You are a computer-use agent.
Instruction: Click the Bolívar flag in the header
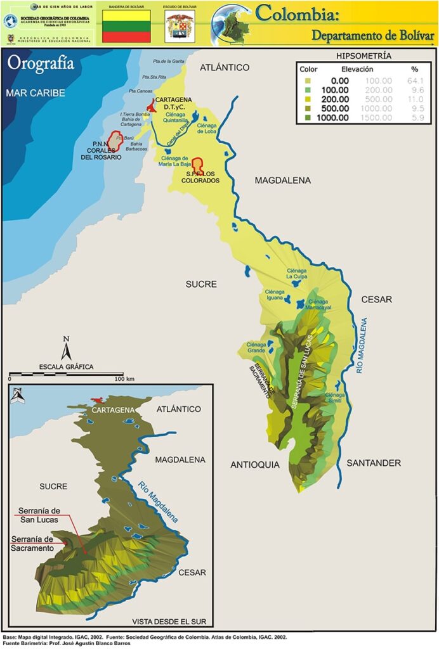pyautogui.click(x=126, y=26)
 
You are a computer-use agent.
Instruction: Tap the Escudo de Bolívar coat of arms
pyautogui.click(x=180, y=27)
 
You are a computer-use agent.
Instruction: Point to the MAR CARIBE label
pyautogui.click(x=36, y=93)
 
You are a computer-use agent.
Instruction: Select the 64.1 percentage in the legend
pyautogui.click(x=416, y=80)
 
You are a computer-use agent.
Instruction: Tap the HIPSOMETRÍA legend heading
pyautogui.click(x=363, y=56)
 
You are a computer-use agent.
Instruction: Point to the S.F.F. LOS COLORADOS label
pyautogui.click(x=199, y=177)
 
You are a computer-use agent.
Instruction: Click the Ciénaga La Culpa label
pyautogui.click(x=297, y=273)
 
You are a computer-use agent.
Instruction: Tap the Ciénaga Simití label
pyautogui.click(x=335, y=397)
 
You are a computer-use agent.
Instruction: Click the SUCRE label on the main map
pyautogui.click(x=201, y=285)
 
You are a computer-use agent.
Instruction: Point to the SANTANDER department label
pyautogui.click(x=374, y=463)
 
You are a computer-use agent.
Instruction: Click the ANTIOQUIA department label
pyautogui.click(x=255, y=465)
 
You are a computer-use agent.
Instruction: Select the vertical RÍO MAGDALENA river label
pyautogui.click(x=362, y=345)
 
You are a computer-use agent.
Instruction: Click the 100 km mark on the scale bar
pyautogui.click(x=124, y=378)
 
